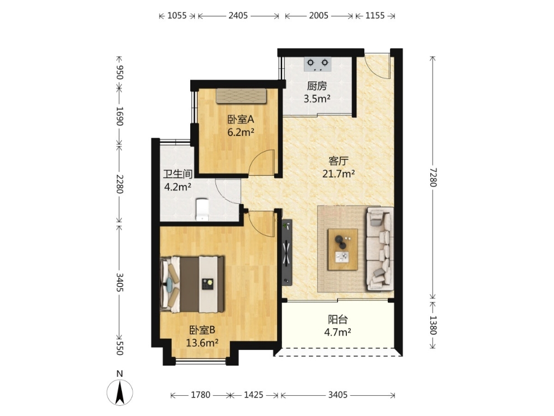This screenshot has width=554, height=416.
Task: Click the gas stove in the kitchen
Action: pyautogui.click(x=317, y=64)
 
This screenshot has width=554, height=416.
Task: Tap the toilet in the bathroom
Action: pyautogui.click(x=202, y=209)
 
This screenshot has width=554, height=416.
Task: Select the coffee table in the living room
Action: pyautogui.click(x=342, y=250)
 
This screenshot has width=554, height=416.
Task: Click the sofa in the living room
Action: pyautogui.click(x=380, y=249)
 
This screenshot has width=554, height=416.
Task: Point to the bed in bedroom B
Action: pyautogui.click(x=193, y=284)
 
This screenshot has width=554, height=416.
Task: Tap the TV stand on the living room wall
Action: pyautogui.click(x=287, y=253)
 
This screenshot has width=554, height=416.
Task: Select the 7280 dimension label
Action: pyautogui.click(x=433, y=177)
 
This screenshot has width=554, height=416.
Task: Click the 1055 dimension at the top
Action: pyautogui.click(x=177, y=16)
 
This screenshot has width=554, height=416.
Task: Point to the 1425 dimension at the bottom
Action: pyautogui.click(x=253, y=395)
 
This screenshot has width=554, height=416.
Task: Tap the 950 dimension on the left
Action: pyautogui.click(x=119, y=72)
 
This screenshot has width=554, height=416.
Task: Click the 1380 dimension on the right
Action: pyautogui.click(x=433, y=325)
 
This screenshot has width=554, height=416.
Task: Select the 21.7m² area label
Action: pyautogui.click(x=339, y=174)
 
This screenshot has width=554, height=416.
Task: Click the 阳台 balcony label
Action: pyautogui.click(x=338, y=320)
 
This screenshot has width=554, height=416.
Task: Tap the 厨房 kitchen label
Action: pyautogui.click(x=317, y=86)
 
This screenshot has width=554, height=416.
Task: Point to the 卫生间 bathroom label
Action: pyautogui.click(x=178, y=174)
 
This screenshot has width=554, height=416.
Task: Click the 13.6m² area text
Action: pyautogui.click(x=202, y=343)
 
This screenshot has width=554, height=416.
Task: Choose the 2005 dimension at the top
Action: pyautogui.click(x=319, y=16)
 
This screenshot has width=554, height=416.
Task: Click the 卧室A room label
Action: pyautogui.click(x=241, y=119)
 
